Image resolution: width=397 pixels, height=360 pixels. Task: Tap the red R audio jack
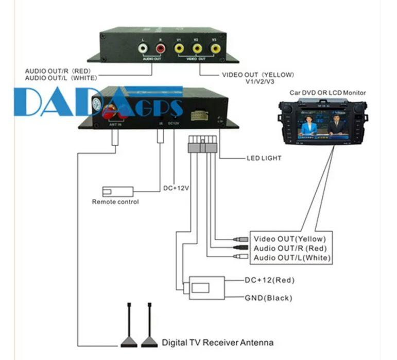pos(161,48)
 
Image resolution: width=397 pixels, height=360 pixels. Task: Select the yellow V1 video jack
pos(179,48)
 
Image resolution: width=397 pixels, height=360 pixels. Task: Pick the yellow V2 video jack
pos(197,48)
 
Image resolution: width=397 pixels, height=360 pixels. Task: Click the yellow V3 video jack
pos(215,48)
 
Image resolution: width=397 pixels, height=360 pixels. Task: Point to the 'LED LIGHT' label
pos(264,158)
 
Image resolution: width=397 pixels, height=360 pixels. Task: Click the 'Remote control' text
pos(115,202)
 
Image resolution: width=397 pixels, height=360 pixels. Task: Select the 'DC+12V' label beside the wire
pos(176,188)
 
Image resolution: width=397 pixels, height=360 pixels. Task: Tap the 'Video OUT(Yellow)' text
pos(289,239)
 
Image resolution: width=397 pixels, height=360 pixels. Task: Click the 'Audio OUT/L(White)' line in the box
pos(291,258)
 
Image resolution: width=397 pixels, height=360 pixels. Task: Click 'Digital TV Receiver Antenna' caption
pos(218,342)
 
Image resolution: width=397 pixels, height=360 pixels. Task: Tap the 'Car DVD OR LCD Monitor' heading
pos(327,93)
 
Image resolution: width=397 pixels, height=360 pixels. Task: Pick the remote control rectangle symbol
pos(118,191)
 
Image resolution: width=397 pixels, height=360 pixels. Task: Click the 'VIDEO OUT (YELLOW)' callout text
pos(258,75)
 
